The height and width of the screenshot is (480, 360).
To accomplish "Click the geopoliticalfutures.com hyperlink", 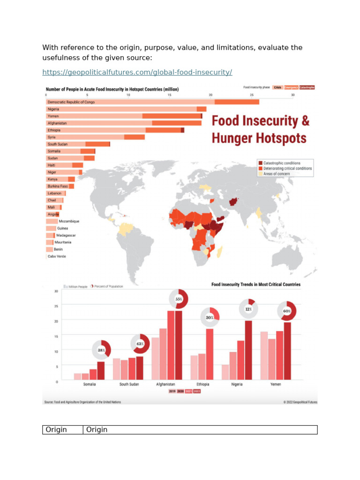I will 137,72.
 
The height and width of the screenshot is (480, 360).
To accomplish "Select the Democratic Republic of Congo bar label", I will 70,102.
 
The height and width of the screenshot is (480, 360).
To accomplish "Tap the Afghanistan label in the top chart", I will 57,123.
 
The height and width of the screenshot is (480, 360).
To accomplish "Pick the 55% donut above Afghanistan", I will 179,299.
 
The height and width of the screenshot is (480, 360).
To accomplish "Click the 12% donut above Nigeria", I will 248,309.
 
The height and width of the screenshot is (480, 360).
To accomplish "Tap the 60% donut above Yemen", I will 286,311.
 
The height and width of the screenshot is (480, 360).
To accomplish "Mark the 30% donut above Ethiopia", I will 210,317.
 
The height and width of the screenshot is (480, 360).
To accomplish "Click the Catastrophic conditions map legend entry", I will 283,163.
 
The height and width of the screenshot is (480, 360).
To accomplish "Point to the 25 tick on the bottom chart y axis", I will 56,306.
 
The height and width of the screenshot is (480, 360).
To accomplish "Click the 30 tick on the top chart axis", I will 293,95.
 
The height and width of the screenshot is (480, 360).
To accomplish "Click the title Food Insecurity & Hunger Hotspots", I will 261,129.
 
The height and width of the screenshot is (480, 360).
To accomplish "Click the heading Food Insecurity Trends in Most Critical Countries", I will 256,285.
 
